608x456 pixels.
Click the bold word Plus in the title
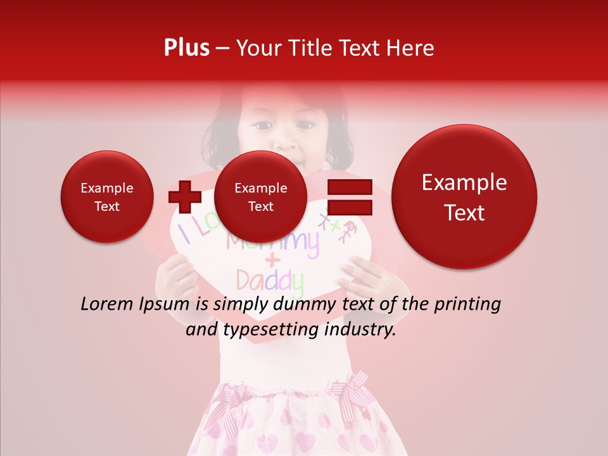click(x=186, y=48)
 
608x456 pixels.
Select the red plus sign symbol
click(x=184, y=196)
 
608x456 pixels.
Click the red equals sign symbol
click(x=349, y=196)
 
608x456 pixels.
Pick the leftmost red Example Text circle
click(x=106, y=196)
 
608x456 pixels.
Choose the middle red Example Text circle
click(x=260, y=196)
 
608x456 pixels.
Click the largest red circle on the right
click(x=464, y=197)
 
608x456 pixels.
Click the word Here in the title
click(x=409, y=48)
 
